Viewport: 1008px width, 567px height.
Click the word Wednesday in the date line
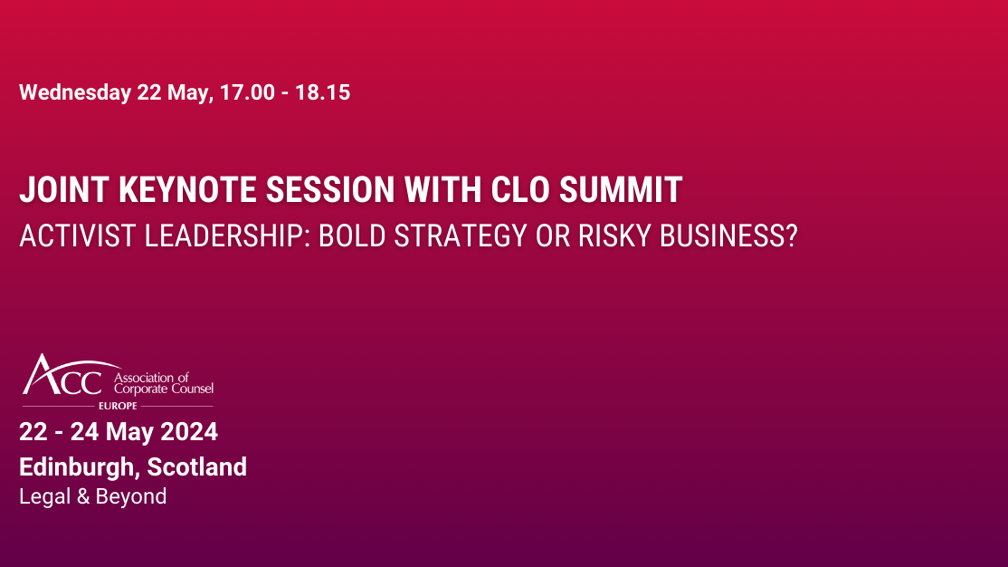tap(75, 92)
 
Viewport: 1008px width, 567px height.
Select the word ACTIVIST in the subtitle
tap(73, 235)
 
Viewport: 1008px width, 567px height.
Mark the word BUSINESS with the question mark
tap(729, 235)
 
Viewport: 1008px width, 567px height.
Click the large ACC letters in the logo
tap(63, 376)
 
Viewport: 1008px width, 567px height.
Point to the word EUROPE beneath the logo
tap(118, 406)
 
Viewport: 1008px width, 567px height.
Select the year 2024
tap(191, 432)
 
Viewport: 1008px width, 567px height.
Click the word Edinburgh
tap(78, 467)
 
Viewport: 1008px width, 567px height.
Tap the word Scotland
tap(196, 467)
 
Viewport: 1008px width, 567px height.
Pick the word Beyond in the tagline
tap(131, 496)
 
